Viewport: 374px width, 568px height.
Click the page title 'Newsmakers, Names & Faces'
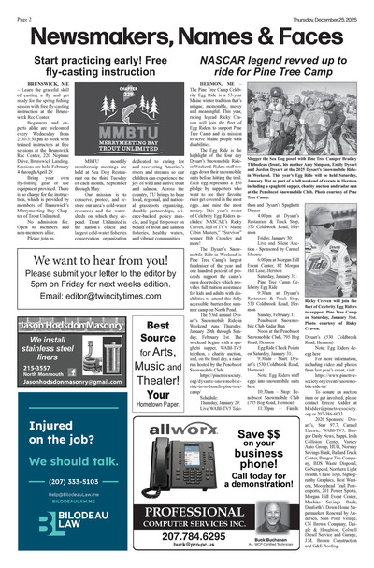click(186, 34)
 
